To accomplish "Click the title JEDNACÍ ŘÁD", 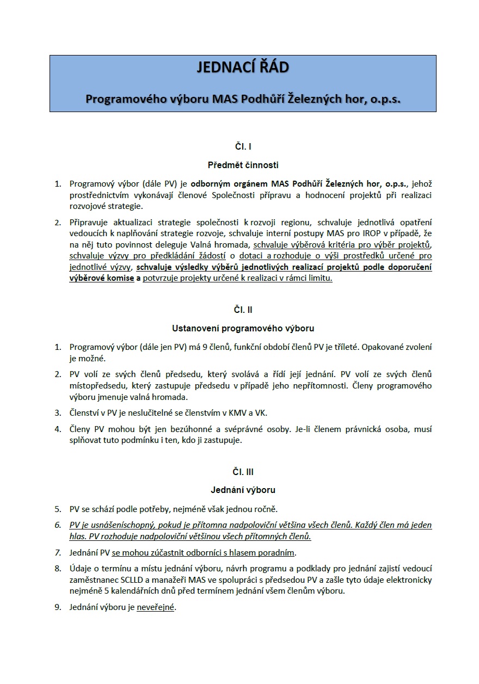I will (x=243, y=68).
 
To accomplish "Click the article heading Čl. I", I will (x=243, y=146).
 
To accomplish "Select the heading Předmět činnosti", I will (x=243, y=164).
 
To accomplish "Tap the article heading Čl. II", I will (x=243, y=310).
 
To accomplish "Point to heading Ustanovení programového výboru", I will (x=243, y=328).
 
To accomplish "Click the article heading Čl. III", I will (x=243, y=472).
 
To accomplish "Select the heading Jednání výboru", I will (x=243, y=490).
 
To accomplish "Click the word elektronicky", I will (x=408, y=580).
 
